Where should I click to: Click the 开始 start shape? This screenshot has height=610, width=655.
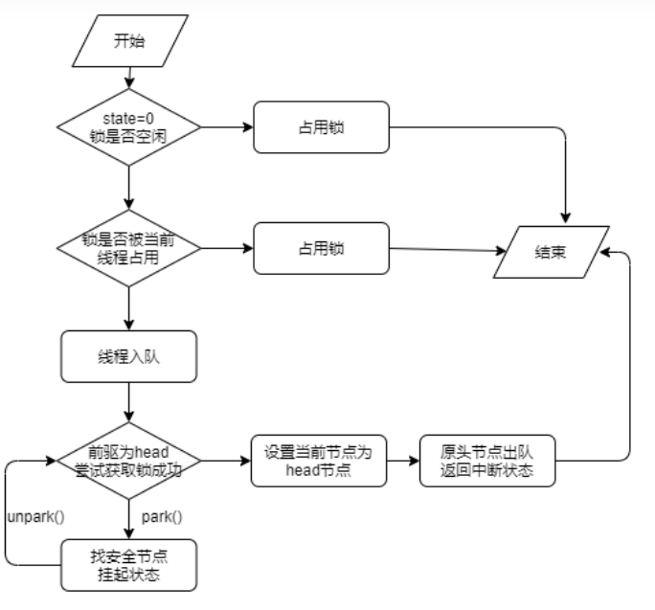tap(128, 42)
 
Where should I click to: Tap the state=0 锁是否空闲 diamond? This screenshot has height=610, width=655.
tap(128, 126)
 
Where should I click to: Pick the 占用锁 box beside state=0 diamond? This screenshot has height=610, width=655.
tap(322, 126)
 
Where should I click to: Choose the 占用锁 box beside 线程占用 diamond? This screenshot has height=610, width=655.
tap(322, 247)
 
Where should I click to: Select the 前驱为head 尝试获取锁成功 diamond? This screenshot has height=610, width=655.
tap(128, 460)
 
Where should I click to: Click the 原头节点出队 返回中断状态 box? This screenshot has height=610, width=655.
tap(486, 460)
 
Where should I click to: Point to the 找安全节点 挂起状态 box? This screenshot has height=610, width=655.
tap(128, 564)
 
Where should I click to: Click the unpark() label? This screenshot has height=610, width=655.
tap(34, 517)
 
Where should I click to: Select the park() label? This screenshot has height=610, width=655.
tap(161, 517)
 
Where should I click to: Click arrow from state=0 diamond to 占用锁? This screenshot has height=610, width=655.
tap(226, 126)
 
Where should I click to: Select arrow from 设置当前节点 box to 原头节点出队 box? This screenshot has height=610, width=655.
tap(402, 460)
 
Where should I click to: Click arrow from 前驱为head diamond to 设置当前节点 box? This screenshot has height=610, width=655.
tap(226, 460)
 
